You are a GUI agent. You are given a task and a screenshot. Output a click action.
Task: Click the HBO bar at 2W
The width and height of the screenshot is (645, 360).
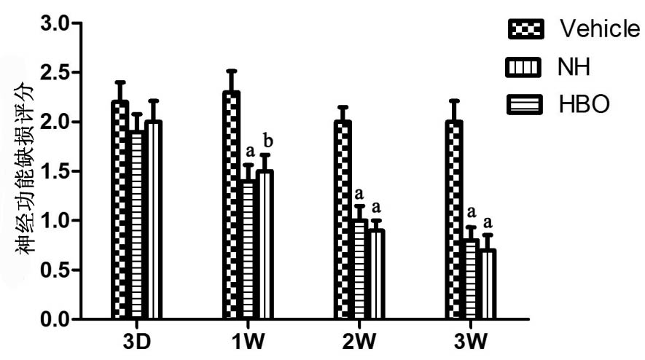[376, 274]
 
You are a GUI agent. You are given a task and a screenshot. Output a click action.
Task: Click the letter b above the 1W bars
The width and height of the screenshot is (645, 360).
[267, 141]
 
